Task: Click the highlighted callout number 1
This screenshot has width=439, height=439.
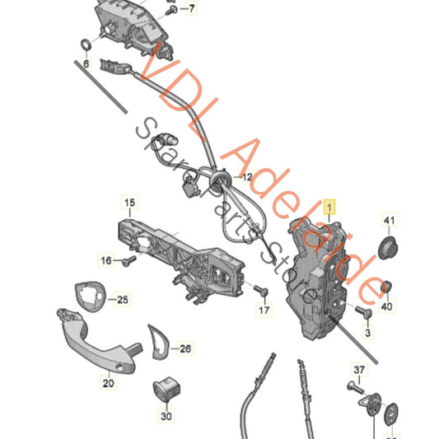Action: tap(330, 208)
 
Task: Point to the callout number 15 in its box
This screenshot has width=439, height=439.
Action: tap(128, 203)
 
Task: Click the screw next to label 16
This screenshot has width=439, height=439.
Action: tap(127, 262)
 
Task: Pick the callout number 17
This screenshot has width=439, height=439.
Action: tap(263, 311)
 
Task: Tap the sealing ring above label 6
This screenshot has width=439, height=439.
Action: tap(85, 43)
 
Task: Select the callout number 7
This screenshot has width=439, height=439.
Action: tap(192, 9)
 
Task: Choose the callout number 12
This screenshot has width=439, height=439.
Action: tap(246, 176)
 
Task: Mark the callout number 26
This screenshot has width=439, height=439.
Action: tap(184, 349)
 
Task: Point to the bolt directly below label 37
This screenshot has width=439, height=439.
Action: tap(357, 384)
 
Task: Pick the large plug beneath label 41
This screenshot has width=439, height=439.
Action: tap(387, 249)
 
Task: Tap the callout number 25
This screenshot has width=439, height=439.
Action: tap(122, 300)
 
